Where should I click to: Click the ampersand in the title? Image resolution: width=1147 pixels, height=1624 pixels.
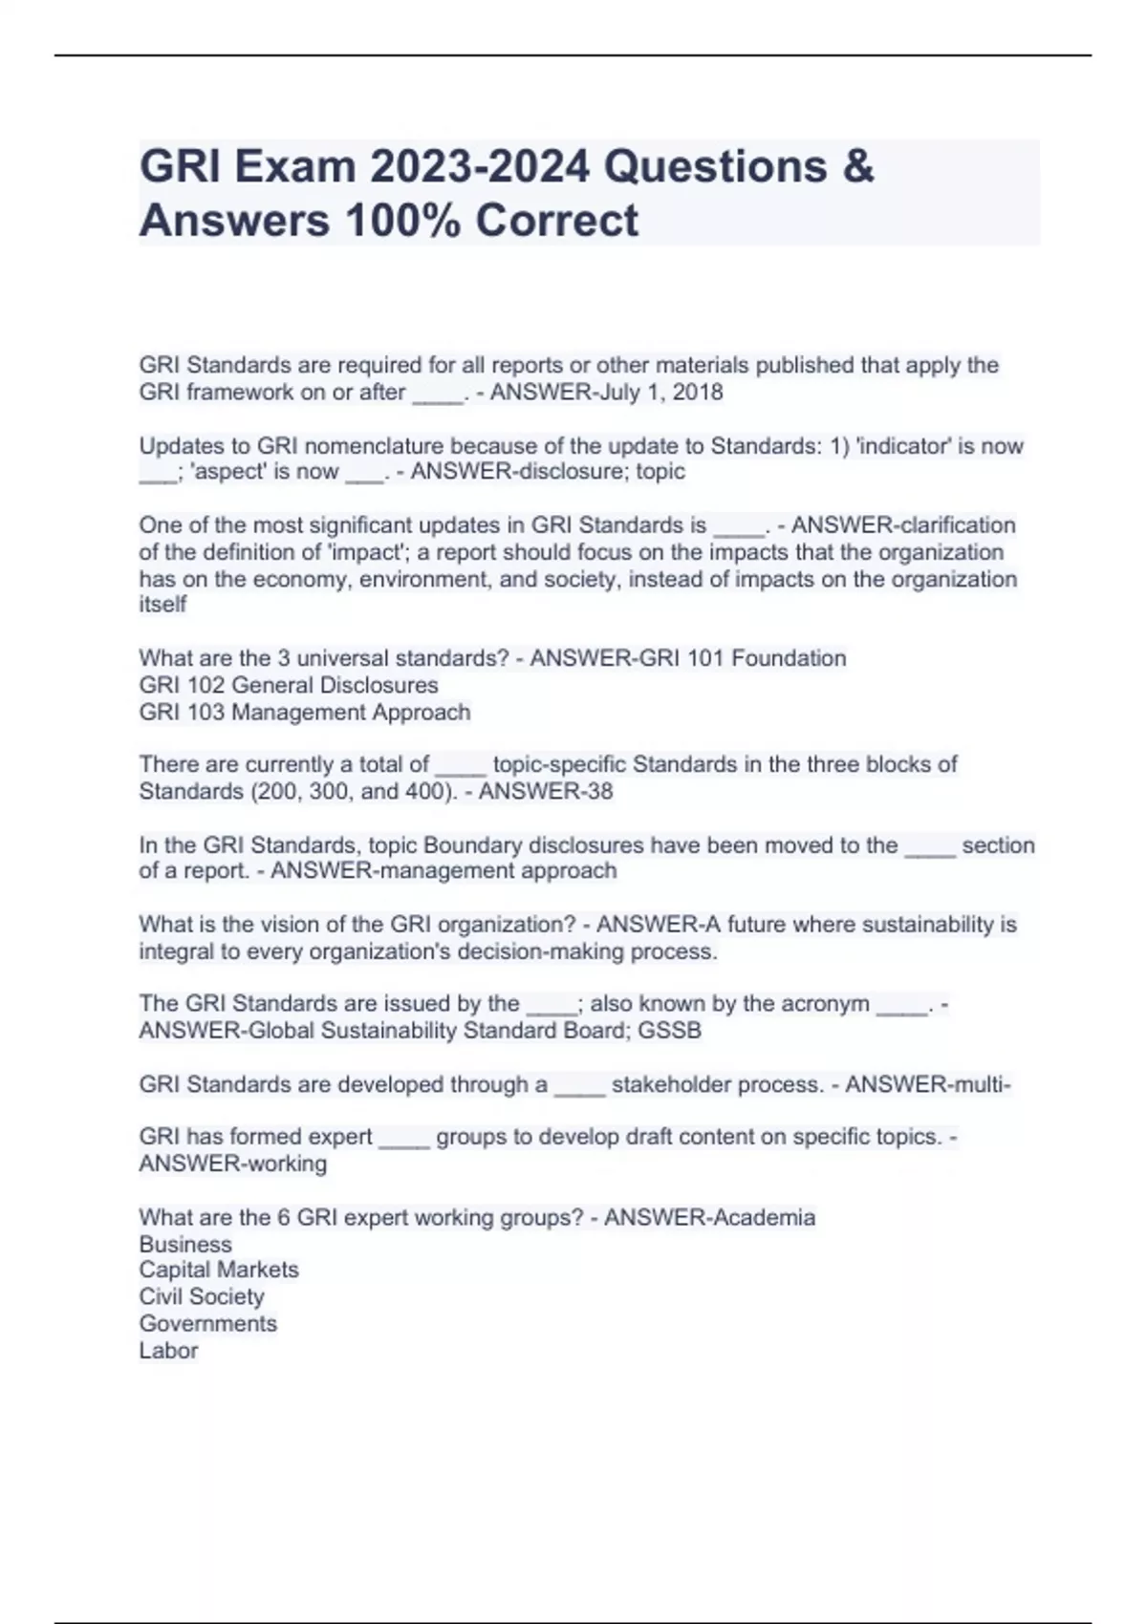pos(858,166)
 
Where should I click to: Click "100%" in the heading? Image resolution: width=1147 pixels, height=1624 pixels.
pos(401,221)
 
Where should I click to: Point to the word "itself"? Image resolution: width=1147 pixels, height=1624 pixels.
pos(162,605)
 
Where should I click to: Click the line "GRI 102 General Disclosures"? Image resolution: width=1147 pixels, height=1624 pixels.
pos(288,685)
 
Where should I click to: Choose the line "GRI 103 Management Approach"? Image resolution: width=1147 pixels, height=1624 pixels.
pos(304,712)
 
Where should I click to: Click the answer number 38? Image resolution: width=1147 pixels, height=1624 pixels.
pos(598,791)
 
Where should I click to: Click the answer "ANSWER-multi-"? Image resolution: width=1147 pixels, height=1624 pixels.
pos(928,1085)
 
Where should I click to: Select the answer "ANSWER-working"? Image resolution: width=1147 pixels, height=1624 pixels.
pos(232,1164)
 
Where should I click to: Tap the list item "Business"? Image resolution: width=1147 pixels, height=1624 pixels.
pos(185,1245)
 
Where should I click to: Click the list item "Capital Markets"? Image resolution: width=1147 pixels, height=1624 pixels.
pos(219,1270)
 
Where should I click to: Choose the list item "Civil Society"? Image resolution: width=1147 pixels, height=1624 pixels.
pos(202,1296)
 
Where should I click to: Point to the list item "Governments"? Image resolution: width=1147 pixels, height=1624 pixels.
pos(207,1323)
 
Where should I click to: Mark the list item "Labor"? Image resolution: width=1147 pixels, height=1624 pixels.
pos(168,1351)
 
